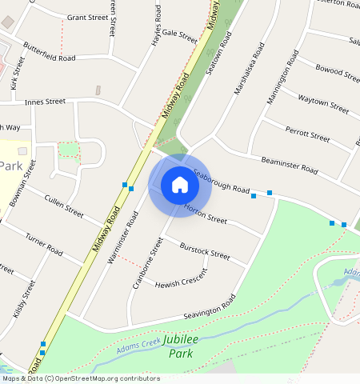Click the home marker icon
(x=180, y=185)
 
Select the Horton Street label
(x=206, y=211)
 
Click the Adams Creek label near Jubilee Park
(x=138, y=346)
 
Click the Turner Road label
(x=43, y=244)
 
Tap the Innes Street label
(x=45, y=102)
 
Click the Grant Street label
(x=87, y=17)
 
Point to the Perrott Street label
(x=308, y=132)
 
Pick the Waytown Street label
(x=323, y=102)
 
